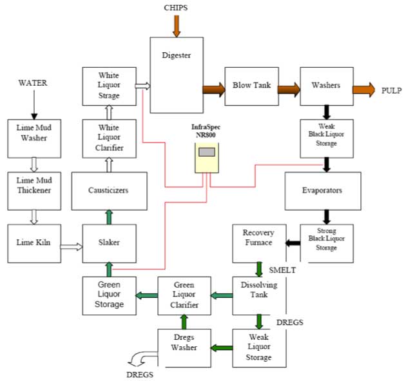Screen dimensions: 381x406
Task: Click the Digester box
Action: [176, 74]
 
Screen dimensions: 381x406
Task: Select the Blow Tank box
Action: [251, 86]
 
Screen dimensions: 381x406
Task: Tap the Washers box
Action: [326, 86]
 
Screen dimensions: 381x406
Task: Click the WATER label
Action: [33, 83]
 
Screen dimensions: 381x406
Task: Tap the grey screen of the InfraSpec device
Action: [207, 153]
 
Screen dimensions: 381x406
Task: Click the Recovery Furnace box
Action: [258, 242]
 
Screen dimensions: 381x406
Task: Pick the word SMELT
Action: [282, 270]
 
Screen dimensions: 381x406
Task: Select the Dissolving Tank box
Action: [258, 295]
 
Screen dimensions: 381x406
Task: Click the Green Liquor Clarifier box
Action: [184, 295]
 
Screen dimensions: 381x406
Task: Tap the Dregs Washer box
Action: [184, 347]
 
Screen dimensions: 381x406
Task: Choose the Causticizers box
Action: [109, 191]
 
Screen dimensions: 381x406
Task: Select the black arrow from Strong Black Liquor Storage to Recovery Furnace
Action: [293, 243]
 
